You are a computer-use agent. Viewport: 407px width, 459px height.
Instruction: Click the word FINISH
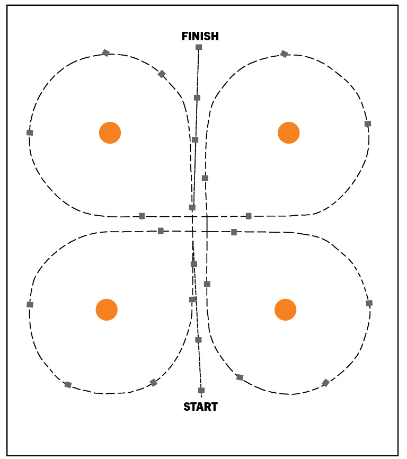coord(200,36)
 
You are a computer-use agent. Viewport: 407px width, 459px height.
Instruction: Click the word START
coord(200,407)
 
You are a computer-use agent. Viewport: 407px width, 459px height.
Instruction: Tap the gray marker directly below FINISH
coord(199,47)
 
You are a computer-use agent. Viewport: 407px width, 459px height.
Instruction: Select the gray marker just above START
coord(201,390)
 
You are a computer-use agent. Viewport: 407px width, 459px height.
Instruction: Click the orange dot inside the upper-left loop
coord(110,133)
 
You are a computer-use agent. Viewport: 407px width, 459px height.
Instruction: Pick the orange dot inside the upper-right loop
coord(289,133)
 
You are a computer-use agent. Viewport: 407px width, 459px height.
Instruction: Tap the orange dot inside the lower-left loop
coord(107,310)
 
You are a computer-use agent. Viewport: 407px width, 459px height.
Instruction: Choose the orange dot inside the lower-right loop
coord(286,310)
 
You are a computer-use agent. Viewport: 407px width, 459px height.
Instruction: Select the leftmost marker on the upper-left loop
coord(30,133)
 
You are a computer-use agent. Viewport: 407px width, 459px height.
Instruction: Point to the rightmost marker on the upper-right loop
coord(368,123)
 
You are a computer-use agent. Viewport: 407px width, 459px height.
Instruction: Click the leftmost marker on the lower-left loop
coord(30,304)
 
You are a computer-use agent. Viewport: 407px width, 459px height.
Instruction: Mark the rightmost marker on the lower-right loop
coord(369,303)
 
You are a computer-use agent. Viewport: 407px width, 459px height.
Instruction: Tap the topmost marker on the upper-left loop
coord(106,53)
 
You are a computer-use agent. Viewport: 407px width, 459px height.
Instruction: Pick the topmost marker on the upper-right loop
coord(284,54)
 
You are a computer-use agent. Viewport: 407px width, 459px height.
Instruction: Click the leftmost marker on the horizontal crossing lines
coord(142,216)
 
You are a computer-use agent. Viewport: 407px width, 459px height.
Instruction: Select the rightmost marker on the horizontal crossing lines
coord(249,216)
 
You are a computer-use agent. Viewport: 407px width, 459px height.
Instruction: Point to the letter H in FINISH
coord(215,36)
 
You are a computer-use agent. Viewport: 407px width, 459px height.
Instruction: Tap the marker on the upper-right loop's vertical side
coord(205,178)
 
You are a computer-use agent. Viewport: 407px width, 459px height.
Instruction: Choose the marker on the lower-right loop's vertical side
coord(207,284)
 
